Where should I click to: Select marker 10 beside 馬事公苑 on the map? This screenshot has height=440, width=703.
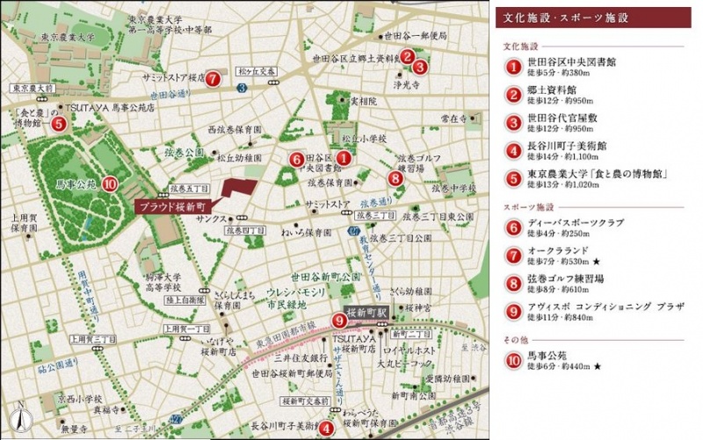coord(108,184)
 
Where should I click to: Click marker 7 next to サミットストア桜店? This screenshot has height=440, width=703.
coord(213,78)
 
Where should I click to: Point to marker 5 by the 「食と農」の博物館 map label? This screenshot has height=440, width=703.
coord(58,124)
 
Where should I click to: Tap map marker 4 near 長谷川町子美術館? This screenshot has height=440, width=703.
coord(326,429)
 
